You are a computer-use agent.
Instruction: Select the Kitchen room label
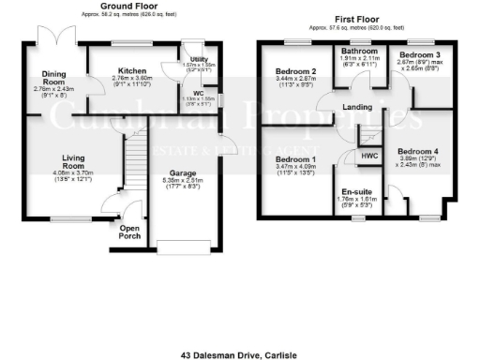(x=131, y=69)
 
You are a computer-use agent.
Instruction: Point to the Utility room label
(x=200, y=59)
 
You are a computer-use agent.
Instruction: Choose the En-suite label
(x=355, y=190)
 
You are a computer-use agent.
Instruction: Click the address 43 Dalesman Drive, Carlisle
(x=239, y=330)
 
